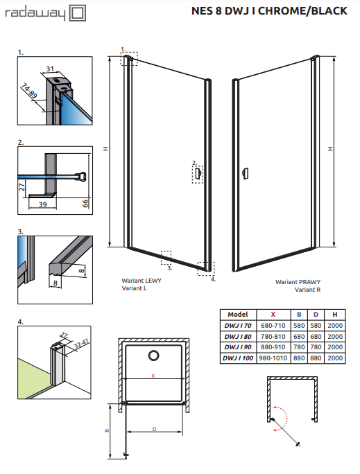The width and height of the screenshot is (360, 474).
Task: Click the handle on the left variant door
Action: tap(198, 173)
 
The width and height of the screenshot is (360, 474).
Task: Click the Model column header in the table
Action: tap(238, 314)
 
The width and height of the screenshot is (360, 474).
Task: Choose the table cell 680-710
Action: tap(271, 325)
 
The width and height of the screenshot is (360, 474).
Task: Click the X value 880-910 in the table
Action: tap(271, 346)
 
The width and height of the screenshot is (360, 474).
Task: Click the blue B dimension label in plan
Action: tap(107, 430)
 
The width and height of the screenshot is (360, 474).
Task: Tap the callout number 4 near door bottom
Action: tap(213, 279)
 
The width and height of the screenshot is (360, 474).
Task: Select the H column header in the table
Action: tap(335, 314)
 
